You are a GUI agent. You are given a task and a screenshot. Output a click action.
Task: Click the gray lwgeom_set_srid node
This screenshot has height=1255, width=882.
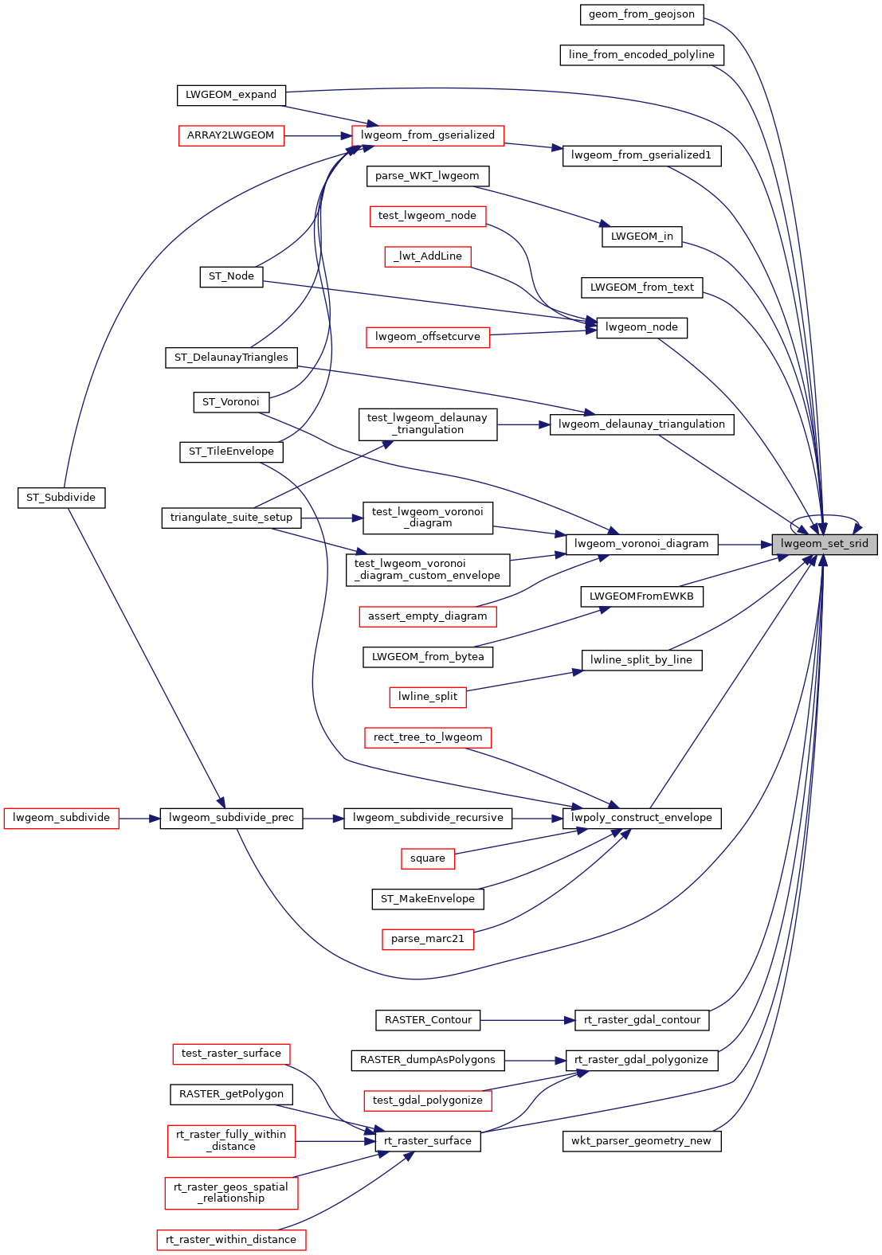pyautogui.click(x=824, y=544)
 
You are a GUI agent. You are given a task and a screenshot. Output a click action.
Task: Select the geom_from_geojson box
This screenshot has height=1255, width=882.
pyautogui.click(x=641, y=14)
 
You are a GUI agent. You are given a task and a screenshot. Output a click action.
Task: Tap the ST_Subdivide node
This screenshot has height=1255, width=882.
pyautogui.click(x=61, y=498)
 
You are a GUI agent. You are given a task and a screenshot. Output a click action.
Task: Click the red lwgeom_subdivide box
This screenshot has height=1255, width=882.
pyautogui.click(x=61, y=818)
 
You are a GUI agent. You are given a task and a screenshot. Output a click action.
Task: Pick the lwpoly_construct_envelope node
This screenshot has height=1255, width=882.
pyautogui.click(x=641, y=818)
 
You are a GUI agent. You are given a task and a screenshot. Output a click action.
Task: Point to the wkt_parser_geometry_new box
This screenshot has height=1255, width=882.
pyautogui.click(x=641, y=1141)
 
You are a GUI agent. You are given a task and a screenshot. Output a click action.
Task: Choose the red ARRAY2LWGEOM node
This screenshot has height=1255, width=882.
pyautogui.click(x=230, y=135)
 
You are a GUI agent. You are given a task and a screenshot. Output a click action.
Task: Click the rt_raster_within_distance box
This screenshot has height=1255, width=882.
pyautogui.click(x=231, y=1240)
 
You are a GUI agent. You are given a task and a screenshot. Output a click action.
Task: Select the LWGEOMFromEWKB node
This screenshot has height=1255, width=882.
pyautogui.click(x=641, y=596)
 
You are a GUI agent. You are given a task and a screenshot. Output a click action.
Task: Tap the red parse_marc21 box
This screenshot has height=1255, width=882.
pyautogui.click(x=428, y=939)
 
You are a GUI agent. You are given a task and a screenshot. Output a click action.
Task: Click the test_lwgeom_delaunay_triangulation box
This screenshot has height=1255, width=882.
pyautogui.click(x=428, y=424)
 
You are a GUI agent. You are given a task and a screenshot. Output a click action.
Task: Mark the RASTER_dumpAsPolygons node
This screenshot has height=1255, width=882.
pyautogui.click(x=428, y=1060)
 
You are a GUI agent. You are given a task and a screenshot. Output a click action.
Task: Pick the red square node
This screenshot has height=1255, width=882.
pyautogui.click(x=428, y=858)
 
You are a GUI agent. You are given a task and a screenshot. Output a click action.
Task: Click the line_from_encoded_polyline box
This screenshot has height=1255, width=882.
pyautogui.click(x=641, y=55)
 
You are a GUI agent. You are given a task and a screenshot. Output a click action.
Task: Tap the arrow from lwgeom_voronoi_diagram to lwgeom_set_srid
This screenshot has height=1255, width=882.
pyautogui.click(x=744, y=545)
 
